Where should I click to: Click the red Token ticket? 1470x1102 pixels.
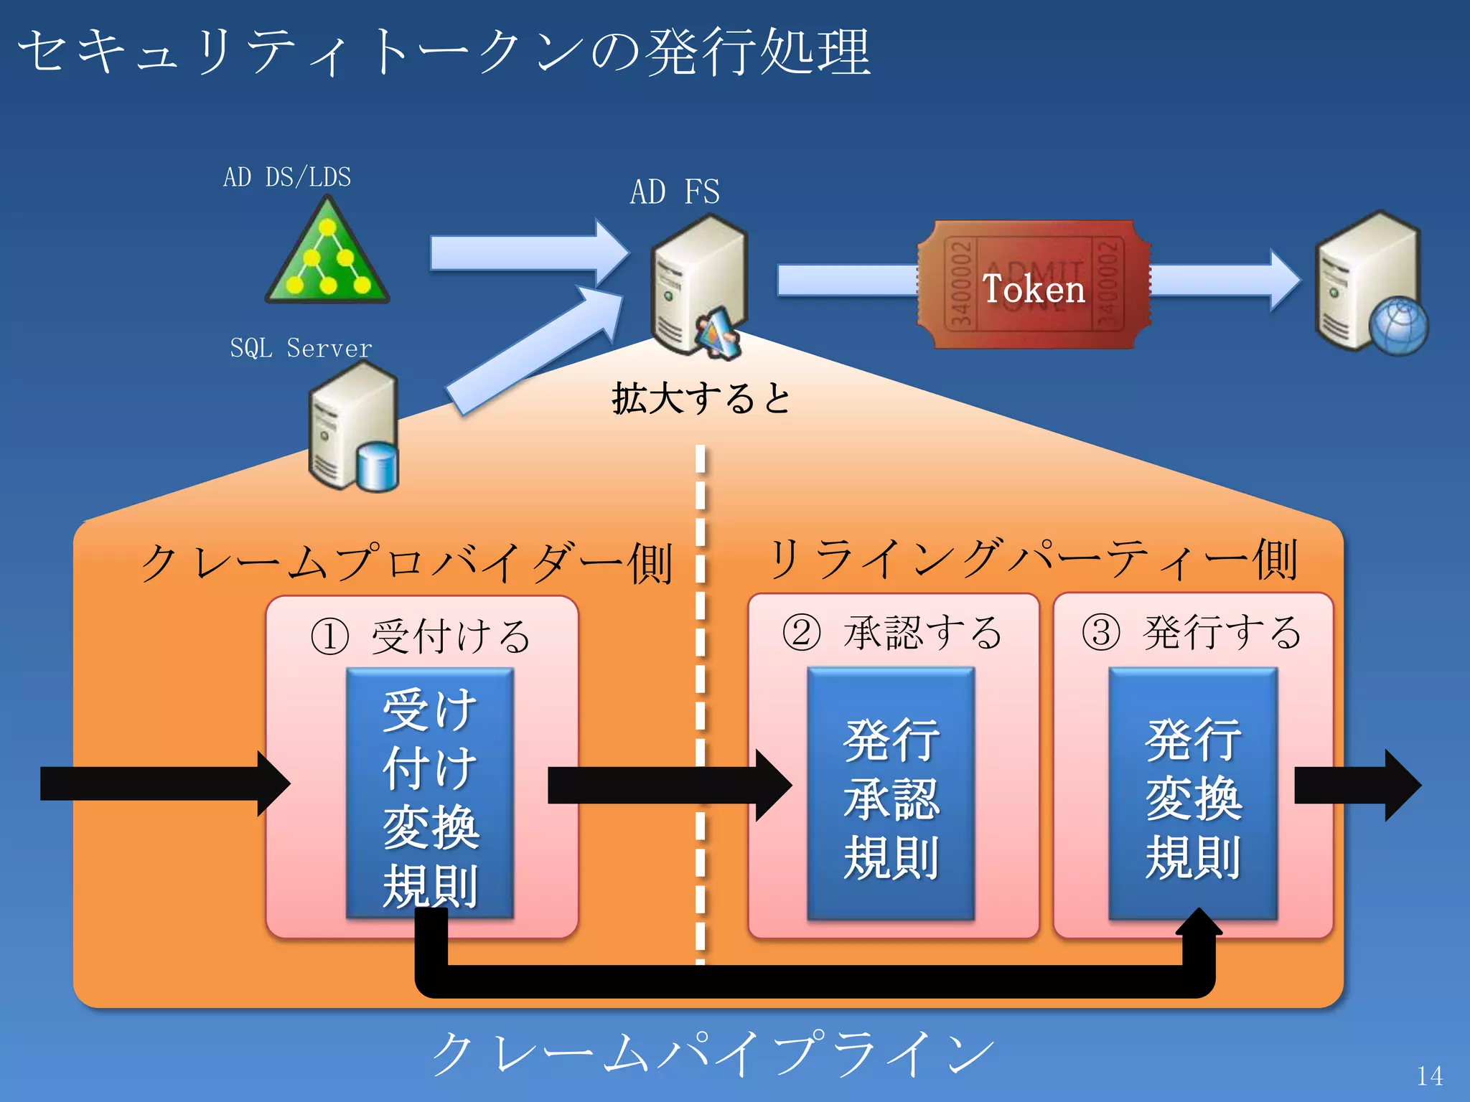click(1034, 286)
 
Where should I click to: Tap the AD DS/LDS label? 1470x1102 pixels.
click(287, 177)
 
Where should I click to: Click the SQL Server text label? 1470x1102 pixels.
click(301, 349)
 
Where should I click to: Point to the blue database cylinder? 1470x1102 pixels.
click(377, 467)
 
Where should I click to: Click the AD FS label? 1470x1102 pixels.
click(675, 192)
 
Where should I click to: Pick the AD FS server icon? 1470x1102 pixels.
click(698, 283)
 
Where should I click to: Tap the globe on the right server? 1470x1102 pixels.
click(1398, 326)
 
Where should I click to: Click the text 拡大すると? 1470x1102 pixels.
click(701, 398)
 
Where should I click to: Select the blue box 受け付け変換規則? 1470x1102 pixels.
click(430, 793)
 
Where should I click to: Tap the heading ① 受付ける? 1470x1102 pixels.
click(421, 636)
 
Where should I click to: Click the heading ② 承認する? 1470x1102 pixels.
click(892, 633)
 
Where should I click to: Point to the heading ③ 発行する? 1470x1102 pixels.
click(1192, 633)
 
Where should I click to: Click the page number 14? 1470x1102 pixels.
click(1429, 1075)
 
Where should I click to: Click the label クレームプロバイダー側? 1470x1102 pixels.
click(406, 562)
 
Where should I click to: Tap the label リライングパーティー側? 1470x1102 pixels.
click(1032, 560)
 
